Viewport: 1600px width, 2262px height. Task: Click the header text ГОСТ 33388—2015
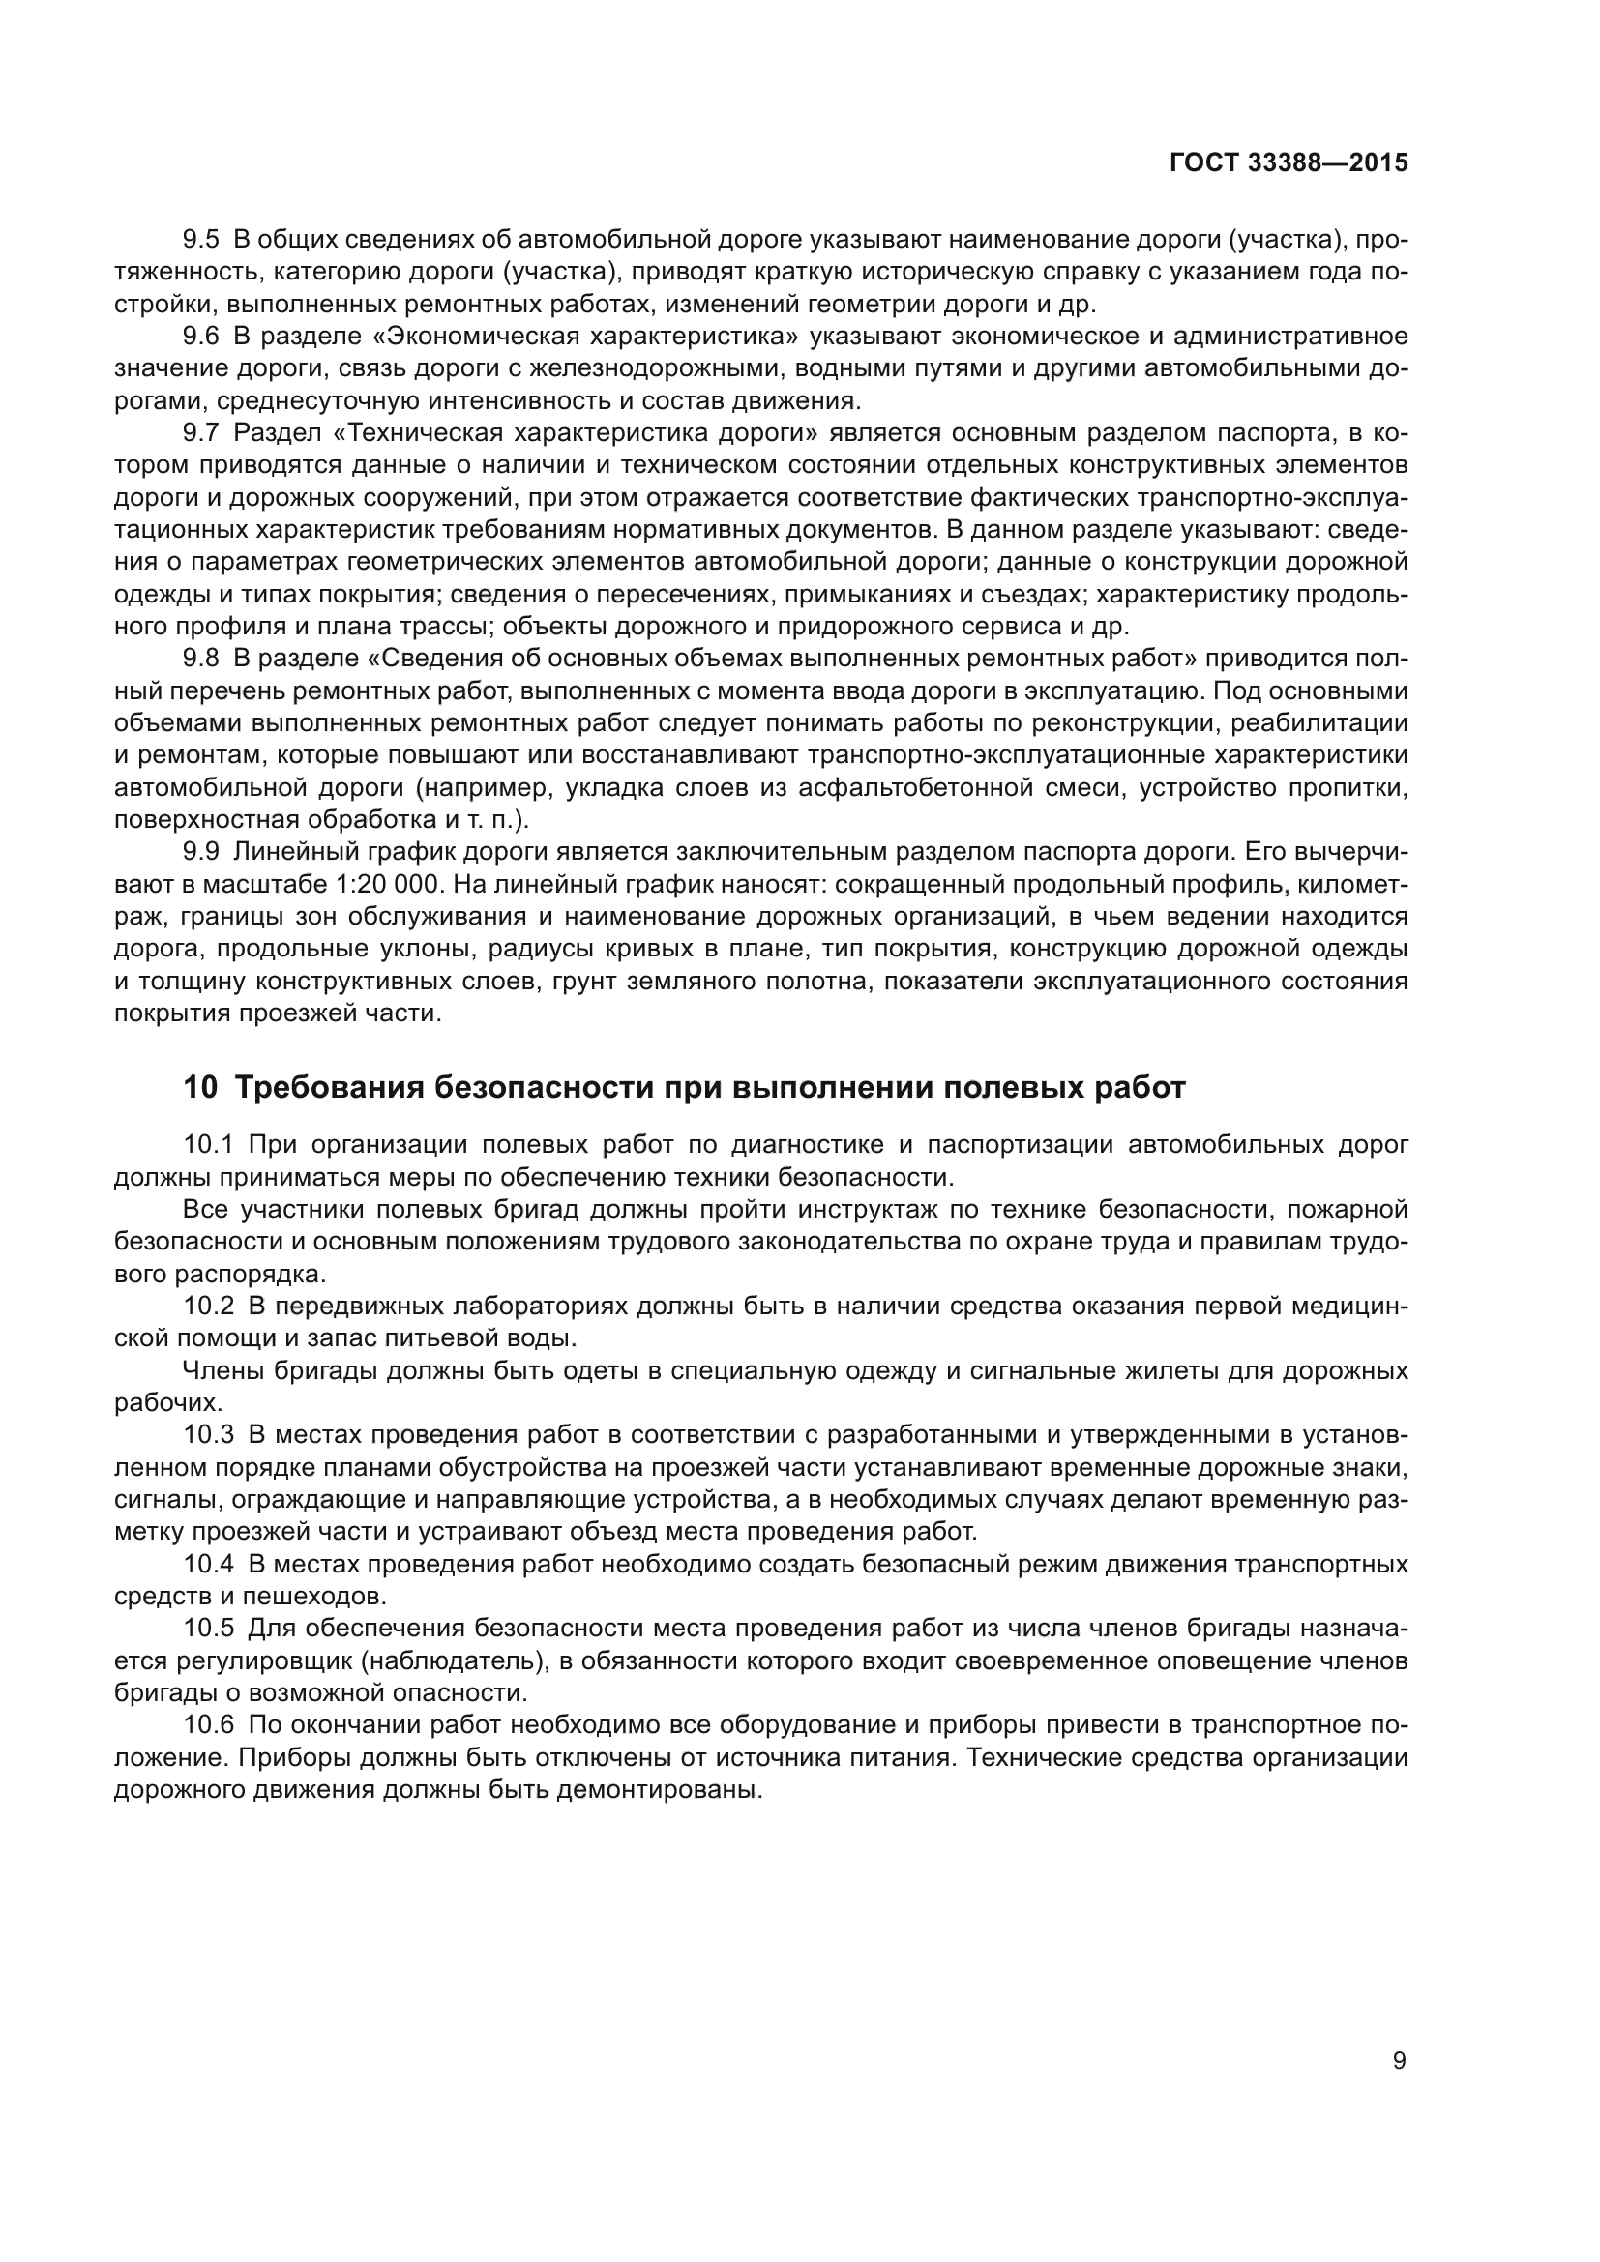pos(1288,162)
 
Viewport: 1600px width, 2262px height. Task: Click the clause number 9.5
pos(201,240)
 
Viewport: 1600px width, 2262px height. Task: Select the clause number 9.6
pos(201,336)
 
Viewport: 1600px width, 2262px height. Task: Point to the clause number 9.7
pos(201,433)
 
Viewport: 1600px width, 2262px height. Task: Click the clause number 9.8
pos(201,659)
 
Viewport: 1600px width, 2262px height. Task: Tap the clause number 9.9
pos(201,852)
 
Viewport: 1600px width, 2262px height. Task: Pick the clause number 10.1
pos(208,1145)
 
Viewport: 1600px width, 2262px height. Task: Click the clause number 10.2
pos(208,1307)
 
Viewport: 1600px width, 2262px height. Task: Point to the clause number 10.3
pos(208,1435)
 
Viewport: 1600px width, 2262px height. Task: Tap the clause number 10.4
pos(208,1565)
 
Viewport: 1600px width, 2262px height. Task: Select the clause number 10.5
pos(208,1630)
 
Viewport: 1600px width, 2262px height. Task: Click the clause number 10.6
pos(208,1726)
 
